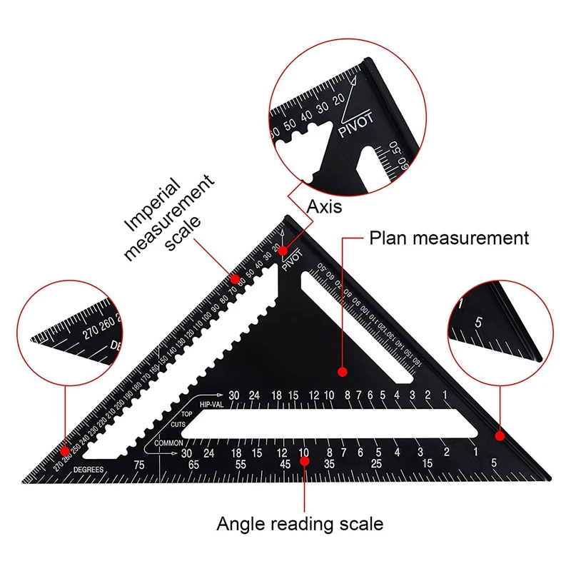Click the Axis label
pyautogui.click(x=325, y=208)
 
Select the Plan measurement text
pyautogui.click(x=449, y=237)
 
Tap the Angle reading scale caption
pyautogui.click(x=300, y=524)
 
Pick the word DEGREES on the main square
pyautogui.click(x=89, y=469)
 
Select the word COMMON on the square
pyautogui.click(x=168, y=443)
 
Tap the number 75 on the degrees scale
pyautogui.click(x=140, y=464)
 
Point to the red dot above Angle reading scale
pyautogui.click(x=305, y=460)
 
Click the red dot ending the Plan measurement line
pyautogui.click(x=342, y=372)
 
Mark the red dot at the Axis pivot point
pyautogui.click(x=283, y=251)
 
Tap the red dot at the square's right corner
pyautogui.click(x=500, y=435)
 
